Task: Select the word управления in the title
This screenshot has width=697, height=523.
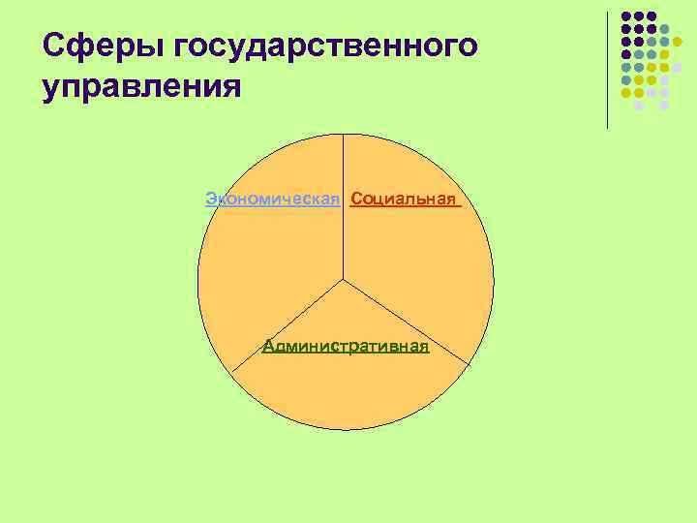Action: (141, 86)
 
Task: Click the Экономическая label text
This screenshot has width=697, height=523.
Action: (272, 200)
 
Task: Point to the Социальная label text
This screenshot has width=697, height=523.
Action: (403, 200)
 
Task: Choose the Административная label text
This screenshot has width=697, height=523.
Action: (346, 347)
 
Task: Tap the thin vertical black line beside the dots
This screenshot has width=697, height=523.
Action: (608, 68)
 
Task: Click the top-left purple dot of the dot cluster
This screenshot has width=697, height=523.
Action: (625, 16)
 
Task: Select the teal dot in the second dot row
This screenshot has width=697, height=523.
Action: (664, 29)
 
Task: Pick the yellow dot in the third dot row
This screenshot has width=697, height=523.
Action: (677, 42)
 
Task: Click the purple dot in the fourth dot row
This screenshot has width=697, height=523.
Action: (625, 55)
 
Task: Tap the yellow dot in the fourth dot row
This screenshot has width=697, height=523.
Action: (664, 55)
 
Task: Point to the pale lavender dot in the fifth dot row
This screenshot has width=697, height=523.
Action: (677, 68)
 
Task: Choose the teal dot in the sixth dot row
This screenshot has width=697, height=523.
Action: (625, 80)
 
